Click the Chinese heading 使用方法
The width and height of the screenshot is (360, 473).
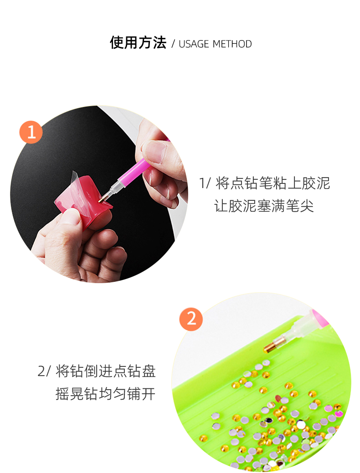coord(138,42)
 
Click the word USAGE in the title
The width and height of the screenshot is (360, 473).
coord(194,44)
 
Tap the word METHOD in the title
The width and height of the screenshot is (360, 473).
coord(232,44)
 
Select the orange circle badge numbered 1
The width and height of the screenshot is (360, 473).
coord(31,132)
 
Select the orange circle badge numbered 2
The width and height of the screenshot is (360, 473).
coord(191,319)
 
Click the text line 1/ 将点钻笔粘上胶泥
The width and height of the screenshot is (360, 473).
coord(265,183)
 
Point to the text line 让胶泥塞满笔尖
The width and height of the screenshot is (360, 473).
coord(264,206)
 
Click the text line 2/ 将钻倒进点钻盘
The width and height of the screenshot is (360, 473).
coord(97,371)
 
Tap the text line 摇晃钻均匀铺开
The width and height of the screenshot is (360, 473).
coord(105,394)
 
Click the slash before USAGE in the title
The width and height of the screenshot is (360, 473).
coord(173,44)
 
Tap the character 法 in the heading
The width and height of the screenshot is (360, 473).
coord(159,42)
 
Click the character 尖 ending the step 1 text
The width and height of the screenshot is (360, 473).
coord(307,206)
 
